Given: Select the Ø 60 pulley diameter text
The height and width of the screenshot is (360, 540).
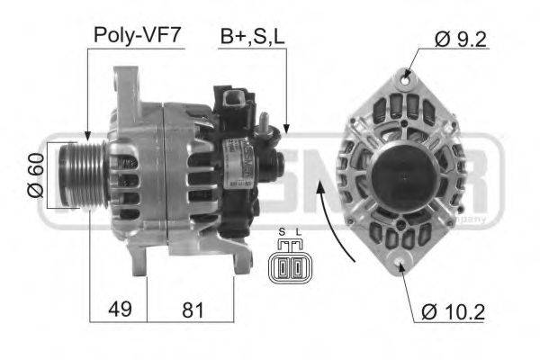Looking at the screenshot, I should coord(34,176).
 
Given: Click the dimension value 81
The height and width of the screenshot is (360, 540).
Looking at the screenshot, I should coord(191,310).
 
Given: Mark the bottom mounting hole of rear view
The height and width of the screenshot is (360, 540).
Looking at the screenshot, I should coord(402,263).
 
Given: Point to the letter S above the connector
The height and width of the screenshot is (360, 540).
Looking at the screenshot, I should coord(282,233).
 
